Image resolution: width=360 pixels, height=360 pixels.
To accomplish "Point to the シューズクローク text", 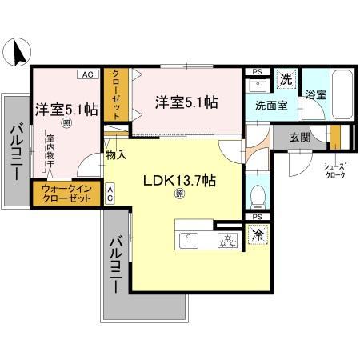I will click(335, 170).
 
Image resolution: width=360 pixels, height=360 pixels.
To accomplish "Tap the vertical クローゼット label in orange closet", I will click(116, 94).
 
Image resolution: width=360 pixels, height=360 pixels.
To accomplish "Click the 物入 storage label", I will click(116, 154).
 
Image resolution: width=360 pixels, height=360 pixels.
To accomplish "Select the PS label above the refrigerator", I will click(256, 217).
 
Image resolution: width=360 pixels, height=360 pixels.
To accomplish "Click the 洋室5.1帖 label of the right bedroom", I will click(186, 102).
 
